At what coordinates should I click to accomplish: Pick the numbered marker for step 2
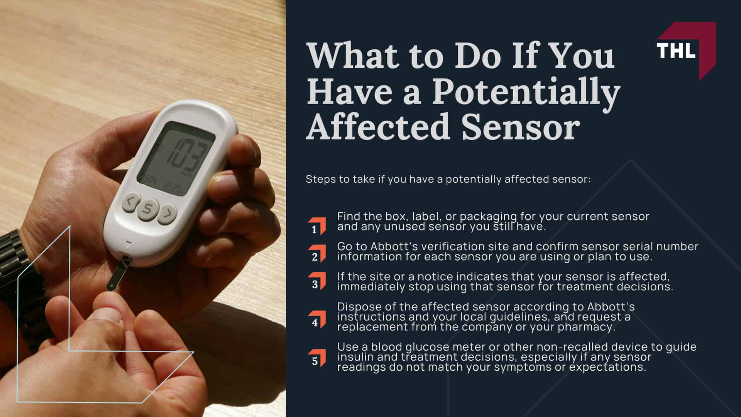pyautogui.click(x=316, y=254)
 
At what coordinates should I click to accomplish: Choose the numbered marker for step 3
pyautogui.click(x=316, y=281)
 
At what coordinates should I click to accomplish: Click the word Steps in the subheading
pyautogui.click(x=320, y=179)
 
